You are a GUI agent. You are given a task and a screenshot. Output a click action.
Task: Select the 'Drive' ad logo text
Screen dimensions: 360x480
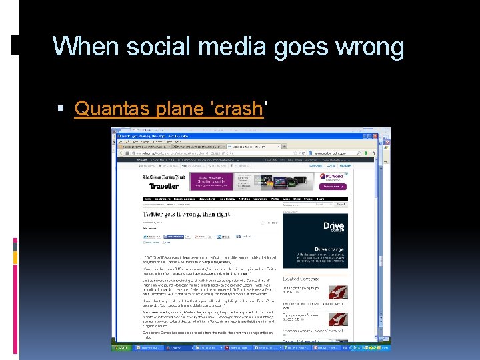point(333,227)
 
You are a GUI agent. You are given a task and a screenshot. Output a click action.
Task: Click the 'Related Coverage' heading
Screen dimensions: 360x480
point(300,279)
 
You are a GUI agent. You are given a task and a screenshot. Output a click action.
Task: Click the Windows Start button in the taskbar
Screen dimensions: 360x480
point(123,348)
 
